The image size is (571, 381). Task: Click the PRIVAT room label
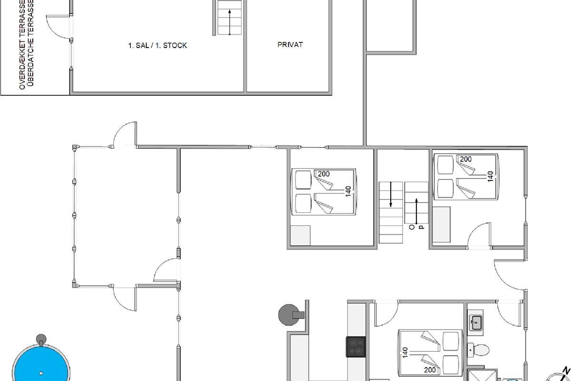290,45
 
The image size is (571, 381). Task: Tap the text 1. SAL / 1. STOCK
158,45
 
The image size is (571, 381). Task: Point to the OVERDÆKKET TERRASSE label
22,45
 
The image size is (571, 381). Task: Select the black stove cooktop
355,347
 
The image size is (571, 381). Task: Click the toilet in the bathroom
478,350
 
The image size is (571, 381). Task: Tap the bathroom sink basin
475,322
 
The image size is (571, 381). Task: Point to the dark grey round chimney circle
288,315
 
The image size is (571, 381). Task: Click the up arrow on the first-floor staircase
229,22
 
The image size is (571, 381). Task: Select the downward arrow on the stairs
391,194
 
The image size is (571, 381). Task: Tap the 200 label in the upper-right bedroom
465,159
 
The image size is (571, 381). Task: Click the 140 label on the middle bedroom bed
348,191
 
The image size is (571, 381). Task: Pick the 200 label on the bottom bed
430,370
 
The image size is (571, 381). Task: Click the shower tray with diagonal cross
482,376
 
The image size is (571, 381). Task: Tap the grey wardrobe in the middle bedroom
300,235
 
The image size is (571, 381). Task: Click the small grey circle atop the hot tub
41,339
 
